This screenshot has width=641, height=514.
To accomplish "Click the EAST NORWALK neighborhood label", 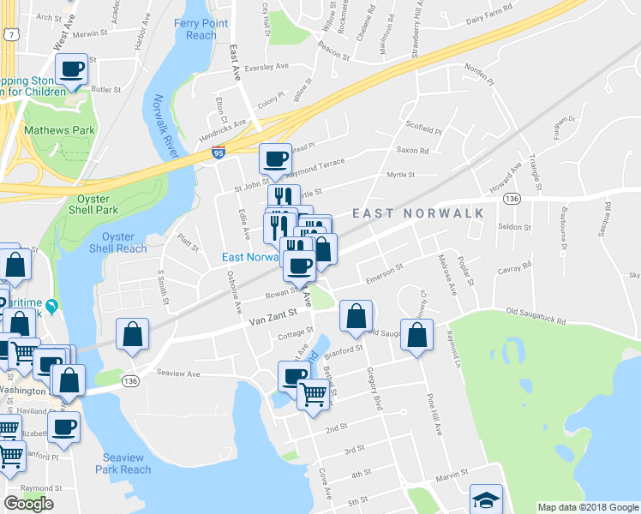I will click(418, 213).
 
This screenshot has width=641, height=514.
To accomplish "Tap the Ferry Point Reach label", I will click(201, 29).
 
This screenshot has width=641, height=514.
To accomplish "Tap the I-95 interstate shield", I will click(219, 152).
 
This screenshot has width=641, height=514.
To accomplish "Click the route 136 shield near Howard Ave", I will click(512, 199).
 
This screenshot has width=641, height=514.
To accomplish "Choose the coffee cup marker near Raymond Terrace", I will click(276, 158).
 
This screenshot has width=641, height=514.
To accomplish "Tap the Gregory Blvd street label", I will click(373, 388).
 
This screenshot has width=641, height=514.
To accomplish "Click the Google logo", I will click(28, 504).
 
